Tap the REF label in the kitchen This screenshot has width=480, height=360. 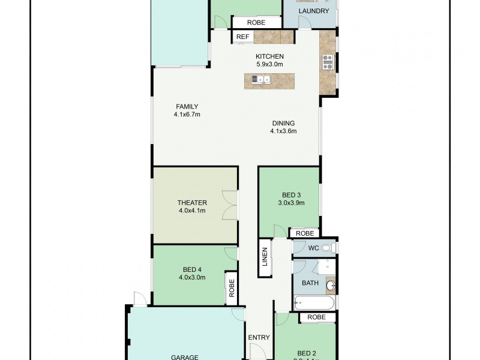tap(242, 37)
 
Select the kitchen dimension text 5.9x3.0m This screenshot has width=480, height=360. tap(269, 64)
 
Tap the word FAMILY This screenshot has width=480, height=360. tap(187, 106)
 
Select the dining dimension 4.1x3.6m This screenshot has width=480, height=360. tap(283, 131)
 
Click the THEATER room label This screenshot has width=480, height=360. tap(192, 202)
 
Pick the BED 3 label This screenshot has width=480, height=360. tap(291, 194)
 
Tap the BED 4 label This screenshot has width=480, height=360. tap(192, 269)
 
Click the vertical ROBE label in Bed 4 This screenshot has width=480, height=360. tap(231, 290)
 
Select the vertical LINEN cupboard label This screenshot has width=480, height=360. tap(265, 258)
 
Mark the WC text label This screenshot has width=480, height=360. tap(313, 248)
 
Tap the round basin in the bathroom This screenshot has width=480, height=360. tap(330, 284)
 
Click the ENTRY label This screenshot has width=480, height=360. tap(259, 337)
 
